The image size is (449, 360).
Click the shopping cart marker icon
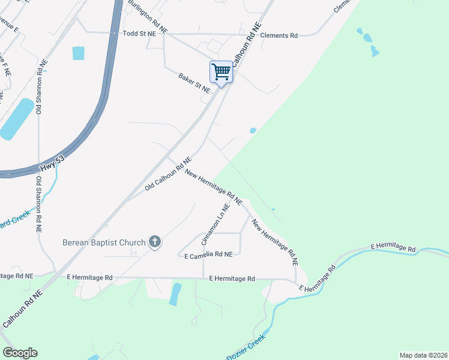[x=221, y=72]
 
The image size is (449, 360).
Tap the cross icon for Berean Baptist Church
[x=155, y=242]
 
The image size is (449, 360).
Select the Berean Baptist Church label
[x=104, y=242]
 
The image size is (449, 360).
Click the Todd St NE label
[x=139, y=34]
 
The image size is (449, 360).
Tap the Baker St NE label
[x=194, y=83]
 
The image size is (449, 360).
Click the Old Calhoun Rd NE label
[x=167, y=175]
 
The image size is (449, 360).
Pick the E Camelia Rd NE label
[x=208, y=255]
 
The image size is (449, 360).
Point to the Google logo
[x=20, y=353]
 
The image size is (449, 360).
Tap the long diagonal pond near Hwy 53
[x=16, y=119]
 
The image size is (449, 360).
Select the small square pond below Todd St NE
[x=79, y=53]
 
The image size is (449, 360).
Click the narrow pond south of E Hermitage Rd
[x=175, y=294]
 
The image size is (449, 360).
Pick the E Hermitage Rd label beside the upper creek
[x=393, y=247]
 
